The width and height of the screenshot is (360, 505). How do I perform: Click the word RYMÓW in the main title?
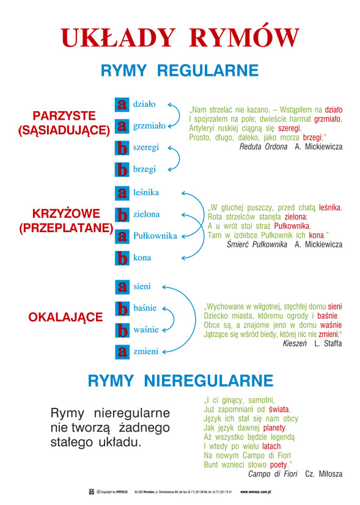[244, 37]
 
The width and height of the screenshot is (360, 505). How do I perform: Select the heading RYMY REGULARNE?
[180, 71]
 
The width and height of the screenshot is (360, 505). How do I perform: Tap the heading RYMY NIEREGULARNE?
[180, 382]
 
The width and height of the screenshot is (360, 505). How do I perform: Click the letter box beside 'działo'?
[122, 104]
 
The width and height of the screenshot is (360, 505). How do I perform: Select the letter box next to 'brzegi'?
[122, 169]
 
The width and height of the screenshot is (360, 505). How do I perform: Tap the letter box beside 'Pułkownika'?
[122, 236]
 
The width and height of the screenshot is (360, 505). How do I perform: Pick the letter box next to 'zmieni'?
[122, 351]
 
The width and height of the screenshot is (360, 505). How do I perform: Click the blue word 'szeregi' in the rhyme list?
[146, 148]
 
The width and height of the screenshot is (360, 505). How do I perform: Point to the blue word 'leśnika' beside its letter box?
[146, 192]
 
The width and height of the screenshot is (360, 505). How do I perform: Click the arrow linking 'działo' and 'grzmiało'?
[176, 115]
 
